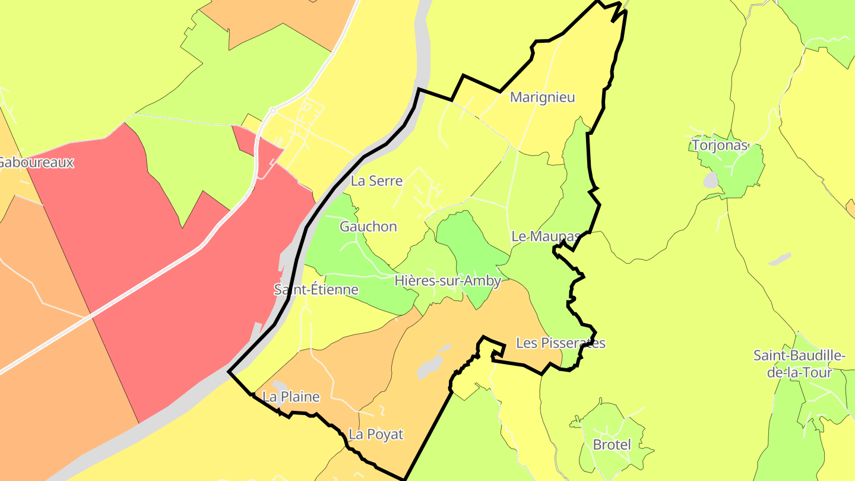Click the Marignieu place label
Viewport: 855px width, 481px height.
(x=543, y=97)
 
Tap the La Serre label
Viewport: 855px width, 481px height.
(x=376, y=181)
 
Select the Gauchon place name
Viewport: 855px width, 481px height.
(x=368, y=226)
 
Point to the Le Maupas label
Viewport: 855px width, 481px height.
(x=544, y=236)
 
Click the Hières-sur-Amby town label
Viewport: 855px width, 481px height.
(x=448, y=281)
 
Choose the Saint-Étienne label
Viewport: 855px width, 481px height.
(x=316, y=290)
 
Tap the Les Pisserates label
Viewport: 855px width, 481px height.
(x=560, y=343)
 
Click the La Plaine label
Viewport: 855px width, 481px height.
(x=291, y=397)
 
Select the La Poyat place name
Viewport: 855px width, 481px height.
(x=376, y=434)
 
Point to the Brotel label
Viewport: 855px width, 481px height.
(x=611, y=444)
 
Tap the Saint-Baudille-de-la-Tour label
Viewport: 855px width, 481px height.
(x=799, y=364)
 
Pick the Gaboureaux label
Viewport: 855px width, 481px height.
(x=36, y=162)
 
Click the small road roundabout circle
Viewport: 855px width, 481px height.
(x=273, y=110)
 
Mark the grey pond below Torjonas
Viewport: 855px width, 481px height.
(x=711, y=181)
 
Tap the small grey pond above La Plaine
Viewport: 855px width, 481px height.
(x=280, y=386)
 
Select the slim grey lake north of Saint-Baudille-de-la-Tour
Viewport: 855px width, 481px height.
(x=780, y=260)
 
